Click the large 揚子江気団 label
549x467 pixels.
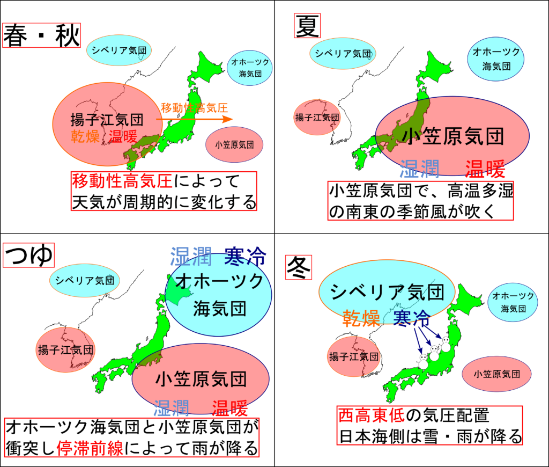click(x=107, y=119)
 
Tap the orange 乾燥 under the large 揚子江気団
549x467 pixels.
click(x=86, y=136)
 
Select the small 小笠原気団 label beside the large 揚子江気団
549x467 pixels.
click(x=235, y=144)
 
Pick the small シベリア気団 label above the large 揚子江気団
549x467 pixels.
click(x=118, y=51)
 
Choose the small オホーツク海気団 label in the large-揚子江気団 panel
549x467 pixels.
click(x=250, y=68)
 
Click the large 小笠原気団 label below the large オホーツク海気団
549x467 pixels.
click(x=201, y=379)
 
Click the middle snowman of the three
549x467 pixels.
click(x=434, y=353)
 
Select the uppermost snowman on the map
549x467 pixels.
click(x=446, y=344)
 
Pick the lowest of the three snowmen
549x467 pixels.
click(x=424, y=361)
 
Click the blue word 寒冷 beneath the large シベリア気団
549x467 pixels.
click(x=412, y=317)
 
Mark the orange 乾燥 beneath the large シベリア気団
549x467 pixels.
click(x=362, y=316)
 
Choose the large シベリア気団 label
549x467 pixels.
click(x=387, y=292)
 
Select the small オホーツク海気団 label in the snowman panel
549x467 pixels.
click(x=513, y=302)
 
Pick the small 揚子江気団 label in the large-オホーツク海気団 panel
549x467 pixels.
click(x=65, y=350)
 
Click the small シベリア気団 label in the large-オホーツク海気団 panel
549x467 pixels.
click(x=85, y=280)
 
